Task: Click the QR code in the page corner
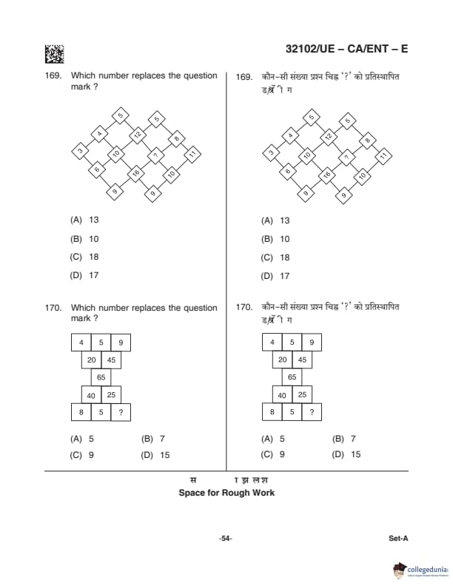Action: [54, 54]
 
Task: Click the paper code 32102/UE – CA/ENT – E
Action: [346, 50]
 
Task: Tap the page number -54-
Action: [226, 539]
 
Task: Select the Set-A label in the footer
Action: [398, 539]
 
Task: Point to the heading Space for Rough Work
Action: [226, 493]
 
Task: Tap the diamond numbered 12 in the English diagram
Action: [137, 135]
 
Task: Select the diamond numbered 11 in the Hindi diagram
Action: [383, 155]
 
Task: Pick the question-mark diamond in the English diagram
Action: [155, 155]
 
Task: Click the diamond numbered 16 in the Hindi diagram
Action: [326, 175]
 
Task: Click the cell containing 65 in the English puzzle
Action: [101, 377]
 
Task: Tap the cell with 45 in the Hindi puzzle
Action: [302, 360]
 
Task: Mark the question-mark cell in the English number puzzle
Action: [120, 412]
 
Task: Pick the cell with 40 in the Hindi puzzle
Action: [282, 395]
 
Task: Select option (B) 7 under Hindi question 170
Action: [344, 438]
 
